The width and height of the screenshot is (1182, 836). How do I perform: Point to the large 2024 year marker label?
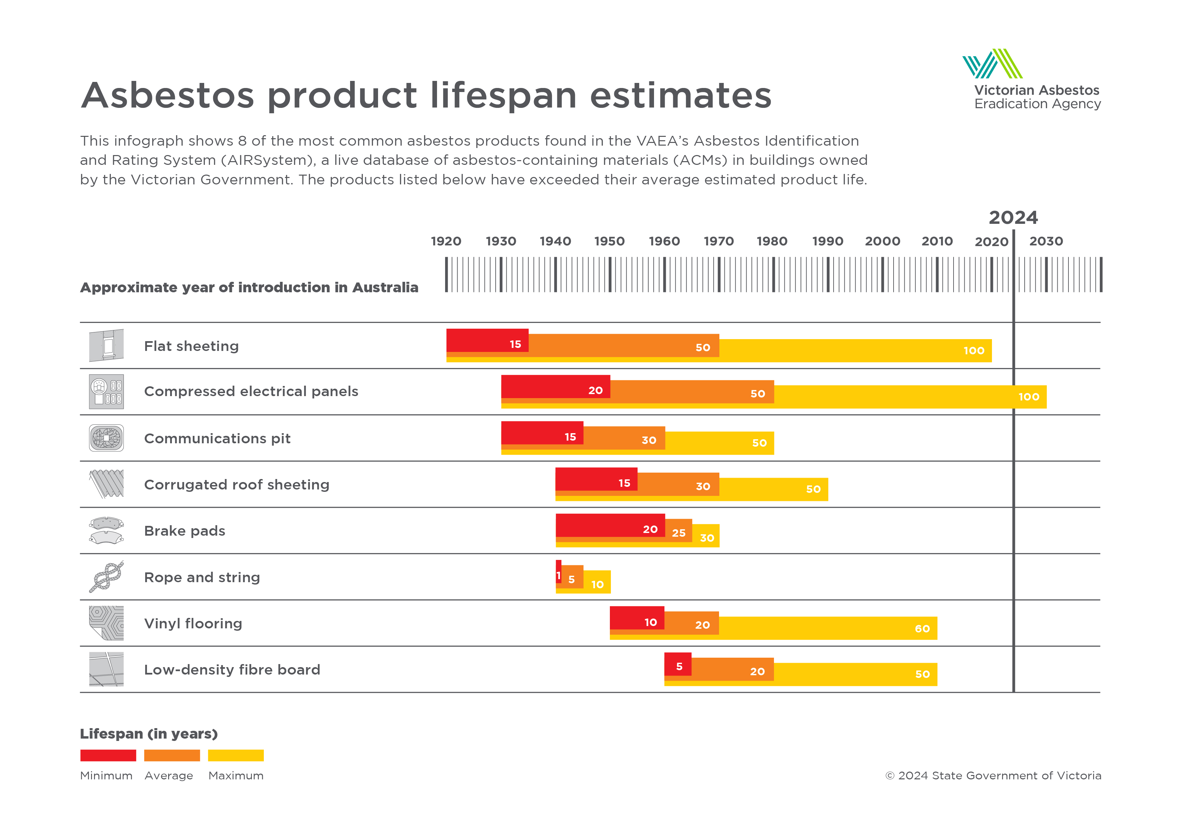click(x=1013, y=218)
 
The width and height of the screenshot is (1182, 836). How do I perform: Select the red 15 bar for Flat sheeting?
click(x=487, y=340)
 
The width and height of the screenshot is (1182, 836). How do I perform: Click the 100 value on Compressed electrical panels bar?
click(x=1029, y=397)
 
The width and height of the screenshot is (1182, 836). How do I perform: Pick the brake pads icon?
click(x=106, y=531)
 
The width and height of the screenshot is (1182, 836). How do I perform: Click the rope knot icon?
click(x=106, y=577)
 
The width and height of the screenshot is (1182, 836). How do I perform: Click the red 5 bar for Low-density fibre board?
click(x=678, y=664)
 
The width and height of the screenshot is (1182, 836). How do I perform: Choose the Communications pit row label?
click(x=217, y=438)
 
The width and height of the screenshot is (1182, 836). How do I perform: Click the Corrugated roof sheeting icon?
click(x=106, y=484)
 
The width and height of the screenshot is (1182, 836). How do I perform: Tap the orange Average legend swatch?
click(x=172, y=755)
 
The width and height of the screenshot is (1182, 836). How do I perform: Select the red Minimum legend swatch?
click(x=108, y=755)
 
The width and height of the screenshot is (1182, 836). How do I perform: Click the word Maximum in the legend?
click(x=236, y=776)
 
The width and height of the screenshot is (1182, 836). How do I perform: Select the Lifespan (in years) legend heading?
click(x=149, y=734)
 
